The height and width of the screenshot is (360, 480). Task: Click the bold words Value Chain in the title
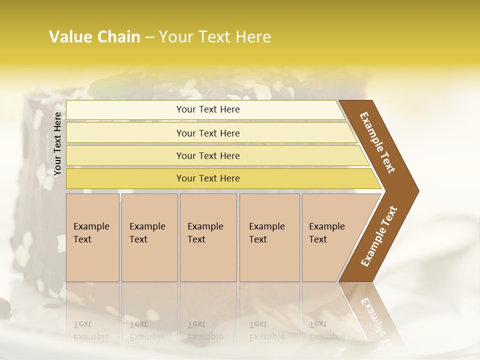(94, 37)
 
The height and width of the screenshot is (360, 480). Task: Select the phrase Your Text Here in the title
(215, 37)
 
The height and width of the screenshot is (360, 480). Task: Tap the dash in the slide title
(149, 37)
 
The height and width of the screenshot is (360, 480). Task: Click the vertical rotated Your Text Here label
(57, 143)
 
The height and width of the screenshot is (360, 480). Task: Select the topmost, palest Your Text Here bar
(208, 109)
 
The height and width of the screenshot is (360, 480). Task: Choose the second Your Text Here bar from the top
(208, 133)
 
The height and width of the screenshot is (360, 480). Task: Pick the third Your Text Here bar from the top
(208, 155)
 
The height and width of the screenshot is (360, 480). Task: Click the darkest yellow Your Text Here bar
(208, 178)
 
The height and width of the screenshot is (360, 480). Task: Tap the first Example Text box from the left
(92, 237)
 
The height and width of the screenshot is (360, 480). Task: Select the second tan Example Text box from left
(149, 237)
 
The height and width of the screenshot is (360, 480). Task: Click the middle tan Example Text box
(208, 237)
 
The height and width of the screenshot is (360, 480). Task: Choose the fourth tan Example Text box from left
(269, 237)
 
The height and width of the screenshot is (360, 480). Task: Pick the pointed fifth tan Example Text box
(330, 237)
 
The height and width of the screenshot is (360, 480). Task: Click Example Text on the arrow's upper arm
(378, 142)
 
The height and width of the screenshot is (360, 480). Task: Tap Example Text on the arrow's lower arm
(378, 236)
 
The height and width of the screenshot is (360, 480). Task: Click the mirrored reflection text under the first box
(91, 330)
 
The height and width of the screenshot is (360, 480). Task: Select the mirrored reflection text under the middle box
(205, 330)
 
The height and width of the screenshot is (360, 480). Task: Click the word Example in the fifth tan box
(326, 226)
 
